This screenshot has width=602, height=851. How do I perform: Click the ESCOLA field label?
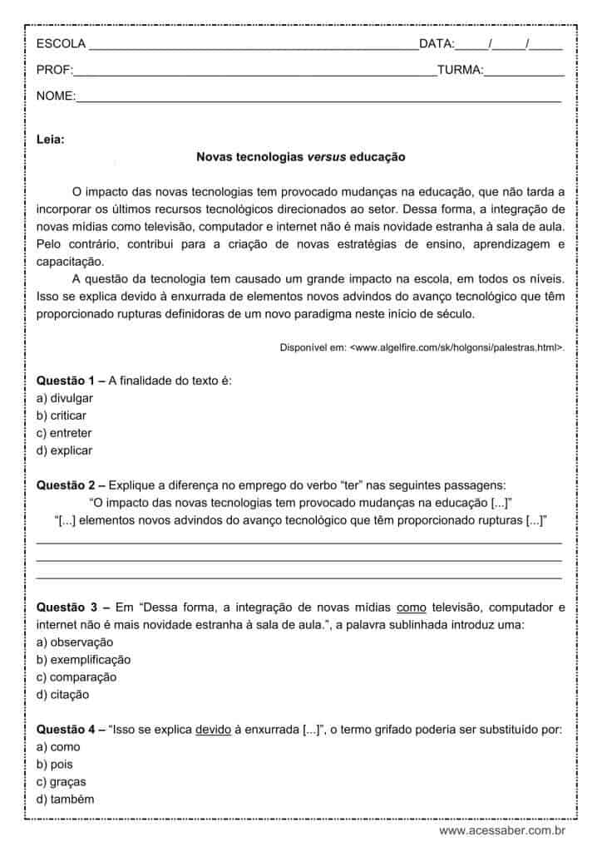(x=61, y=43)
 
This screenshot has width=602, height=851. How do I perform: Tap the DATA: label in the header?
(x=437, y=43)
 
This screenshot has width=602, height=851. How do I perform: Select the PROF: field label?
(x=55, y=70)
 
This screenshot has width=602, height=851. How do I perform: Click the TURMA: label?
(x=460, y=70)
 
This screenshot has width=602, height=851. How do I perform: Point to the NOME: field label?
(x=56, y=96)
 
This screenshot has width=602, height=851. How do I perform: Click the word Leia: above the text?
(x=51, y=139)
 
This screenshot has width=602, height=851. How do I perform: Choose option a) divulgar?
(x=65, y=398)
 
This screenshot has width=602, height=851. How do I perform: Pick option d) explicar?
(x=65, y=450)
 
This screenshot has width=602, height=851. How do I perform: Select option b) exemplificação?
(x=84, y=660)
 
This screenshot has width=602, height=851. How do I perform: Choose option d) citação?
(x=63, y=695)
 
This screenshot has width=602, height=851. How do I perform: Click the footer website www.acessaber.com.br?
(x=502, y=830)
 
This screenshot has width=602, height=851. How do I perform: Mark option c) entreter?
(x=64, y=433)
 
